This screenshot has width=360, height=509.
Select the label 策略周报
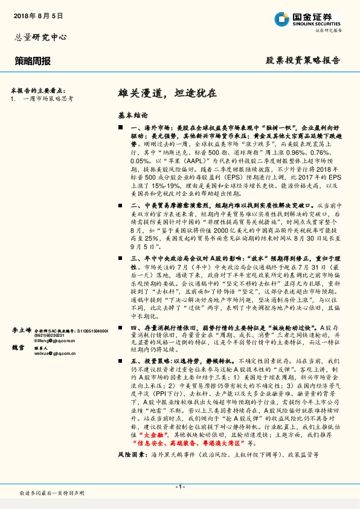coord(33,61)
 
